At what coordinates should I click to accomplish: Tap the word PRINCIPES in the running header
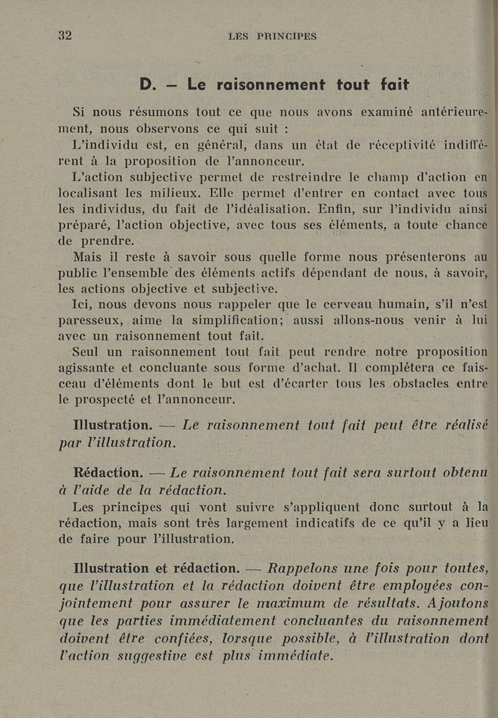click(x=286, y=36)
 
